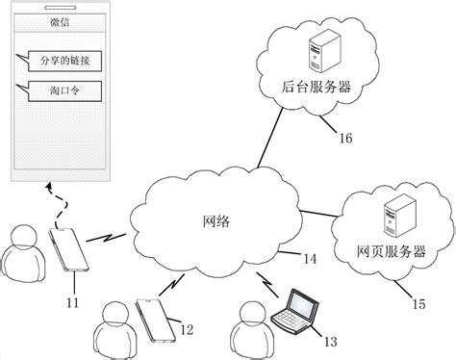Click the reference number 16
(x=342, y=139)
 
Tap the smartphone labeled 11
(x=68, y=249)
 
